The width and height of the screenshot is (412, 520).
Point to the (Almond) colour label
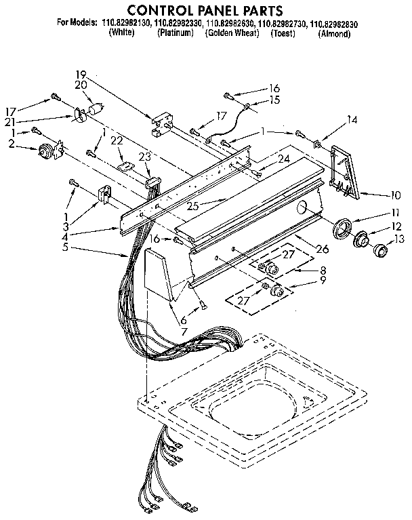335,33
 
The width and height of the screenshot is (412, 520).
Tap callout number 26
322,249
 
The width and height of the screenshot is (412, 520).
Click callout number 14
352,119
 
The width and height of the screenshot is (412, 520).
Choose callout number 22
117,140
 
